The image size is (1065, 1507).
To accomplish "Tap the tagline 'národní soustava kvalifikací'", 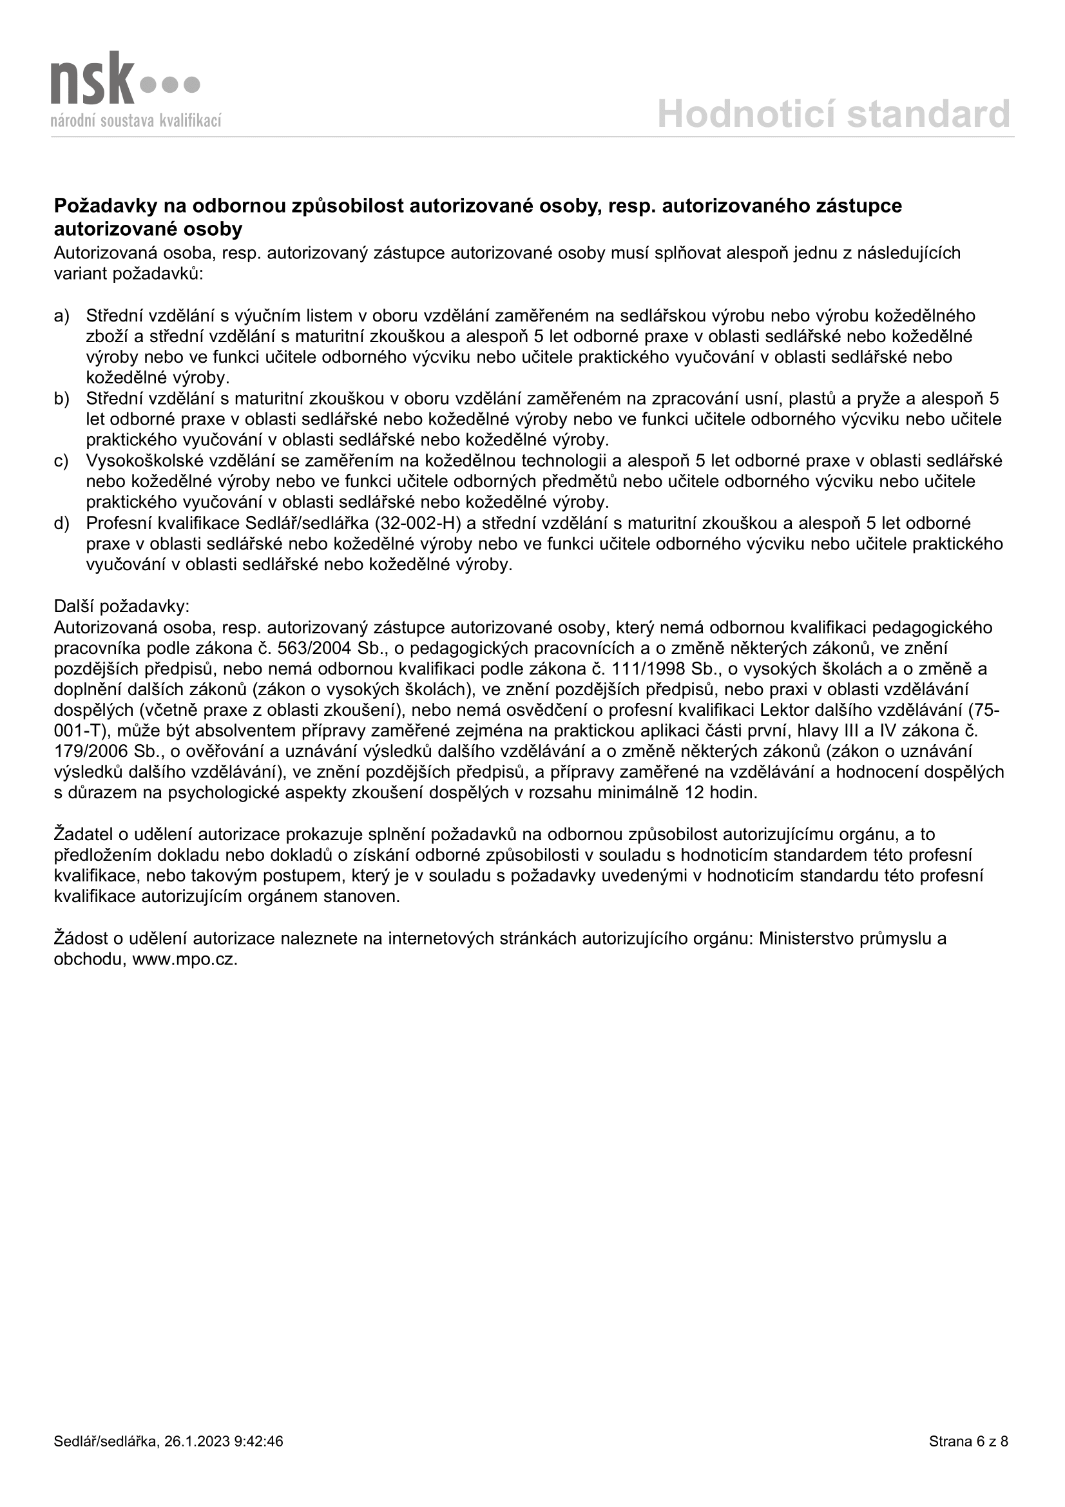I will coord(137,120).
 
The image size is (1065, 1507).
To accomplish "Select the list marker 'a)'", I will coord(62,316).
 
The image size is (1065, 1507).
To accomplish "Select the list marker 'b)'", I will coord(62,399).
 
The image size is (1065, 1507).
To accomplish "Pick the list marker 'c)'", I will coord(62,461).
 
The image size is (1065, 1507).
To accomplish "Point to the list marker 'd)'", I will coord(62,524).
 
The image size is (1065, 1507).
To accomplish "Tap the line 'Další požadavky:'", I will coord(121,606).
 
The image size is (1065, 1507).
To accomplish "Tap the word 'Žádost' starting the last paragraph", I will coord(81,939).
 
